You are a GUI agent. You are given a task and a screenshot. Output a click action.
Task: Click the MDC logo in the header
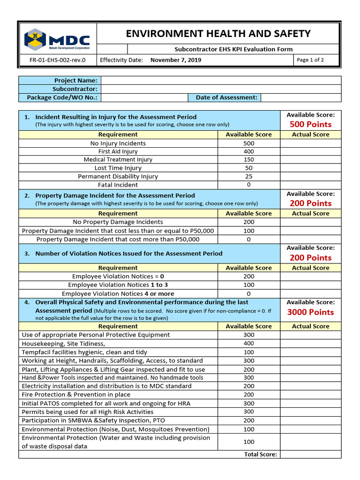57,39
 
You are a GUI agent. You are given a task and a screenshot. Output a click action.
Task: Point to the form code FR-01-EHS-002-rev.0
58,60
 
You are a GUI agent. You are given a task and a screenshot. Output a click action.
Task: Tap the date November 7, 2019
176,60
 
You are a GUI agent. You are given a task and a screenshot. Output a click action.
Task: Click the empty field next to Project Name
221,81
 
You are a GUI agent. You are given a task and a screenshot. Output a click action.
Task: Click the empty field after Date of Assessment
300,97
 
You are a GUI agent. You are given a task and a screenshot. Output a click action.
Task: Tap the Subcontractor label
75,89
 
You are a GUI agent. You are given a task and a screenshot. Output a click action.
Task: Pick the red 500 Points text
310,124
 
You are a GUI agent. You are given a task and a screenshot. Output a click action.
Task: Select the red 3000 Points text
310,312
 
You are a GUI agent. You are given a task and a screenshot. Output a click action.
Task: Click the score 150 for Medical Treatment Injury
249,160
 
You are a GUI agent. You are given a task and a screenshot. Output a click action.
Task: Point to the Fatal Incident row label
118,185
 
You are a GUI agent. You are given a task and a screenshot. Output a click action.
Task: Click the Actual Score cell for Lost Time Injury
310,168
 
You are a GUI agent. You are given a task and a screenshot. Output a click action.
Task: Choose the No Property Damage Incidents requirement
118,222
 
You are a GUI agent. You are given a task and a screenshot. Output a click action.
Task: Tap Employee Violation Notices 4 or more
118,293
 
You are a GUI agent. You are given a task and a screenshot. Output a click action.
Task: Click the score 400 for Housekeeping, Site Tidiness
249,344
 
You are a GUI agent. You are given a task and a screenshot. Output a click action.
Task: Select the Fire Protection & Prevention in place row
76,395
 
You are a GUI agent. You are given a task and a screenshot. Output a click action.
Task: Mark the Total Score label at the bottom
261,454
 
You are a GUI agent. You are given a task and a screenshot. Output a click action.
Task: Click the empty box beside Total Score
310,454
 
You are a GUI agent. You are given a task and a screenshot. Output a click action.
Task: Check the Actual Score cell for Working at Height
310,361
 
